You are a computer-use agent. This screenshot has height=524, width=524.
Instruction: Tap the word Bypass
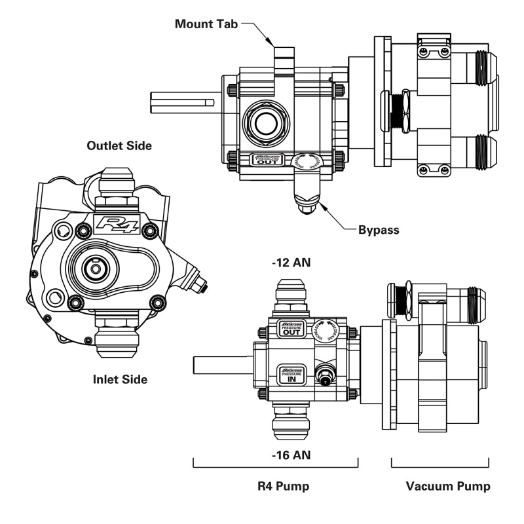[x=379, y=230]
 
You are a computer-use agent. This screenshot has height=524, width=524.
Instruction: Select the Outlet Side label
[x=119, y=145]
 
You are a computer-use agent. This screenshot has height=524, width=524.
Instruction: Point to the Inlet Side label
[x=120, y=379]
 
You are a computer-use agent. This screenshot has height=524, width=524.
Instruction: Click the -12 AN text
[x=291, y=263]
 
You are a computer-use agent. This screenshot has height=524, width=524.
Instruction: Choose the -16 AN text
[x=291, y=454]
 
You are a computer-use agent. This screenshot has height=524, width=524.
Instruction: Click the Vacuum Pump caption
[x=447, y=486]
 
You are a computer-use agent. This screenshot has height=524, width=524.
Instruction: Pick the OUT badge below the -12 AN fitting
[x=291, y=329]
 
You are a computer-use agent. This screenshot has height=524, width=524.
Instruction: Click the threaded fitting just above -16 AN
[x=291, y=422]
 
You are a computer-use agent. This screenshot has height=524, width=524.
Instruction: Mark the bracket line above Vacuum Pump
[x=440, y=466]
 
